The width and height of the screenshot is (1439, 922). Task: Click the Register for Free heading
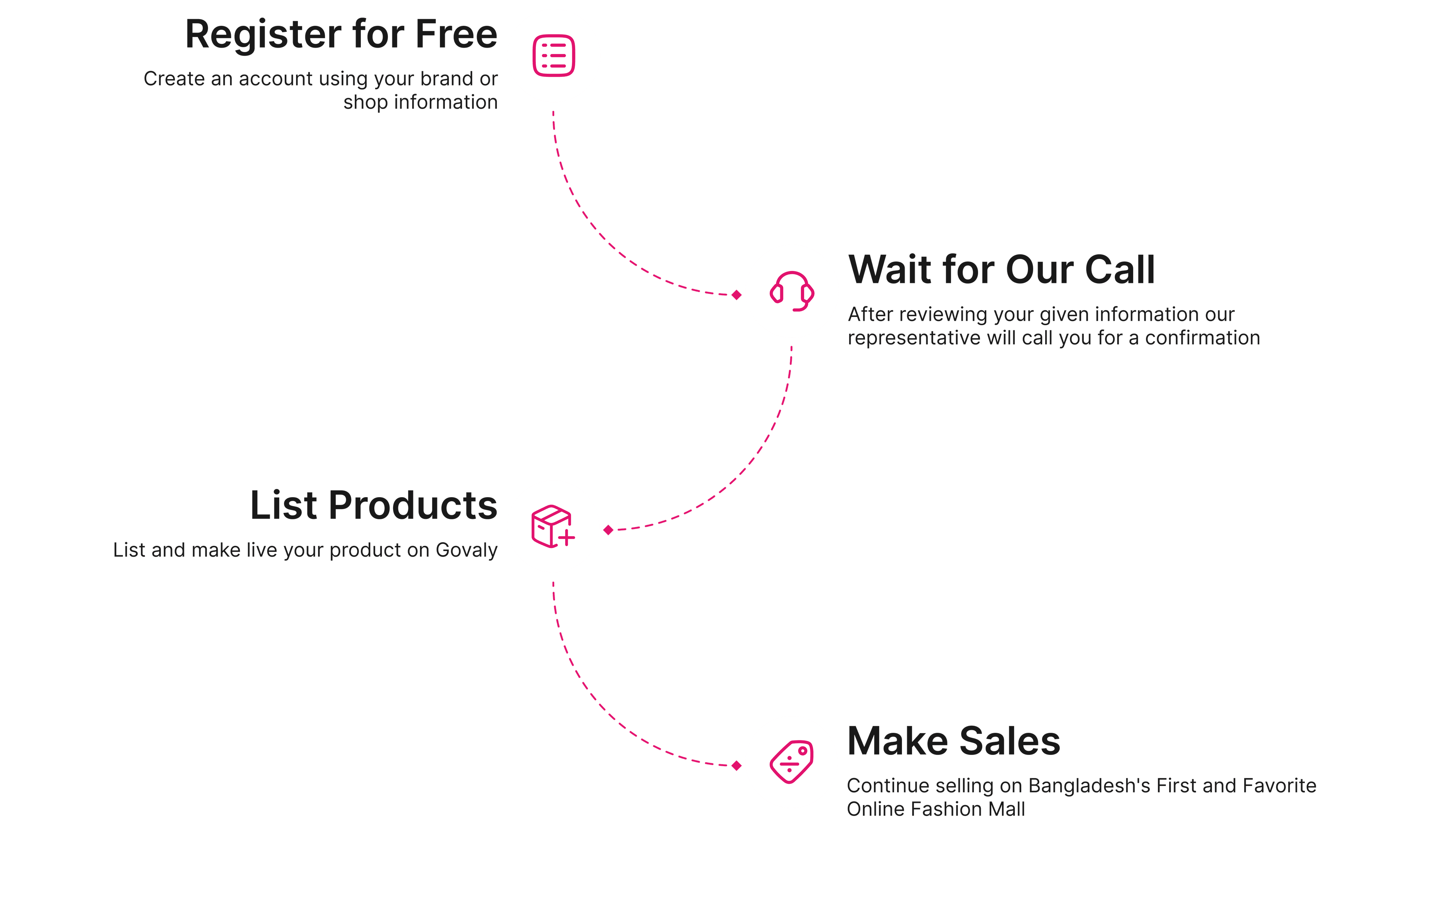(341, 35)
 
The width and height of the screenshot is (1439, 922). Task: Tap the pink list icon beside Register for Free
(553, 56)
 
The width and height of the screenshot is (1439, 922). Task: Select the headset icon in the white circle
(792, 291)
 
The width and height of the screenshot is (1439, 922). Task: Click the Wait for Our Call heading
(1001, 270)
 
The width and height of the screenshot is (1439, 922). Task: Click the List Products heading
(374, 506)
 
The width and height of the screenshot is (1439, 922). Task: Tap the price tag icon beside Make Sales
(791, 762)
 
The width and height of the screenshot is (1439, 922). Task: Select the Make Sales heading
(953, 741)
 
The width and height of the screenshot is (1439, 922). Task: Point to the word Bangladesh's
(1089, 786)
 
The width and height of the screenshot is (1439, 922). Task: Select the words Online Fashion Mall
(935, 810)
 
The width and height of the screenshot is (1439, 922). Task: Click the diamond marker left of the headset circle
(737, 294)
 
